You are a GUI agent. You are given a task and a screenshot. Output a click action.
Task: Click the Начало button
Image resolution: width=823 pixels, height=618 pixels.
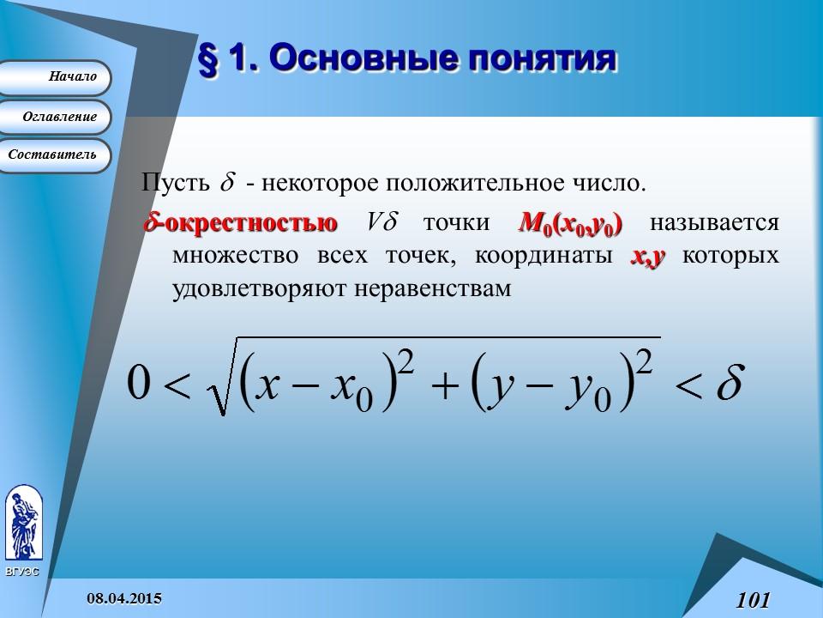tap(56, 77)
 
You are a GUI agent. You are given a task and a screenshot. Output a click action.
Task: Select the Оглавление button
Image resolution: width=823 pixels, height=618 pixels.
tap(56, 117)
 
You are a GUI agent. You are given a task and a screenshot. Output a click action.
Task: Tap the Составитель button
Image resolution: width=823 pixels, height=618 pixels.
tap(56, 155)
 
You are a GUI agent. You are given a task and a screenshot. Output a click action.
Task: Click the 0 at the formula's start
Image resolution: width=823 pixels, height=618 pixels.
tap(137, 383)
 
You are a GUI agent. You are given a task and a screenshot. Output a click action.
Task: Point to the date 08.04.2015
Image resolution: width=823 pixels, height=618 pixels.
tap(126, 597)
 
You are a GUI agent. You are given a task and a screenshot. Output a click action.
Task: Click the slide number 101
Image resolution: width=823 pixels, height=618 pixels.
tap(753, 600)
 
